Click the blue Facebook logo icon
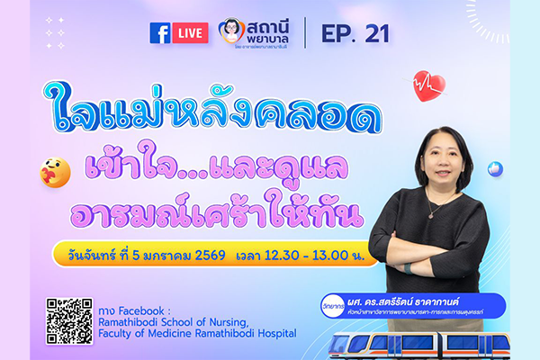click(160, 33)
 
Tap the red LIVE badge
click(191, 33)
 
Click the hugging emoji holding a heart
click(57, 170)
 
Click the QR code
click(69, 319)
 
